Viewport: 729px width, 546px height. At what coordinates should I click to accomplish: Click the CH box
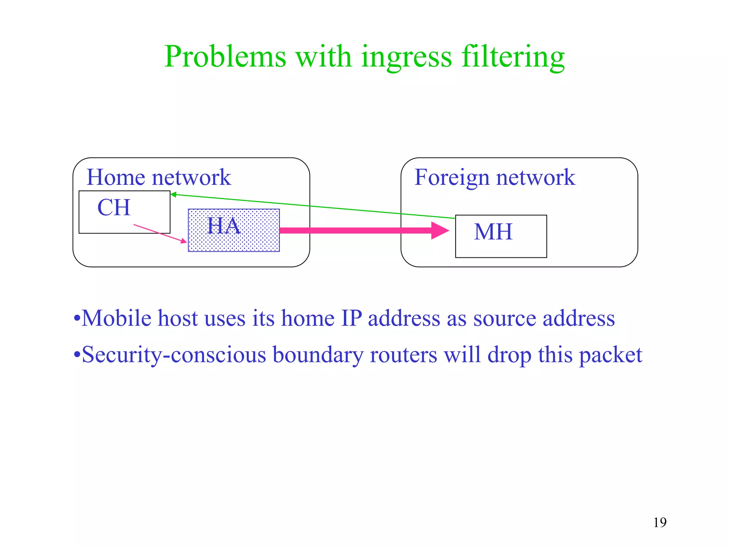(x=124, y=212)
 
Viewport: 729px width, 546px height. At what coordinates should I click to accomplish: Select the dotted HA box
(x=234, y=230)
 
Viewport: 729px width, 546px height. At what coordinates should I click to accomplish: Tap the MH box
(x=501, y=236)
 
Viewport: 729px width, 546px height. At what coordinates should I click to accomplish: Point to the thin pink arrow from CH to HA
(x=160, y=234)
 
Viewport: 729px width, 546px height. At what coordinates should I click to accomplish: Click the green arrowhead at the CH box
(x=173, y=194)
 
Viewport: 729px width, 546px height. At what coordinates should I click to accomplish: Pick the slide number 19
(x=660, y=523)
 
